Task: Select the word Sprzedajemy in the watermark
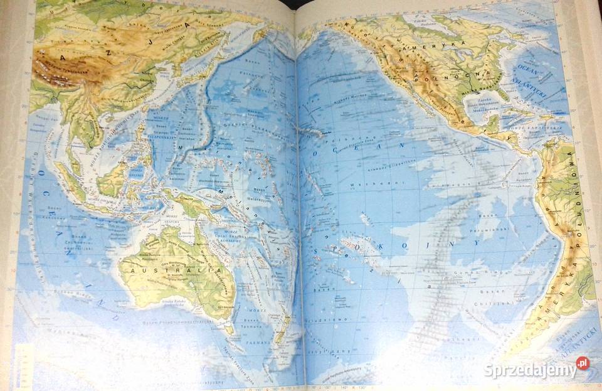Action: (530, 370)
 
